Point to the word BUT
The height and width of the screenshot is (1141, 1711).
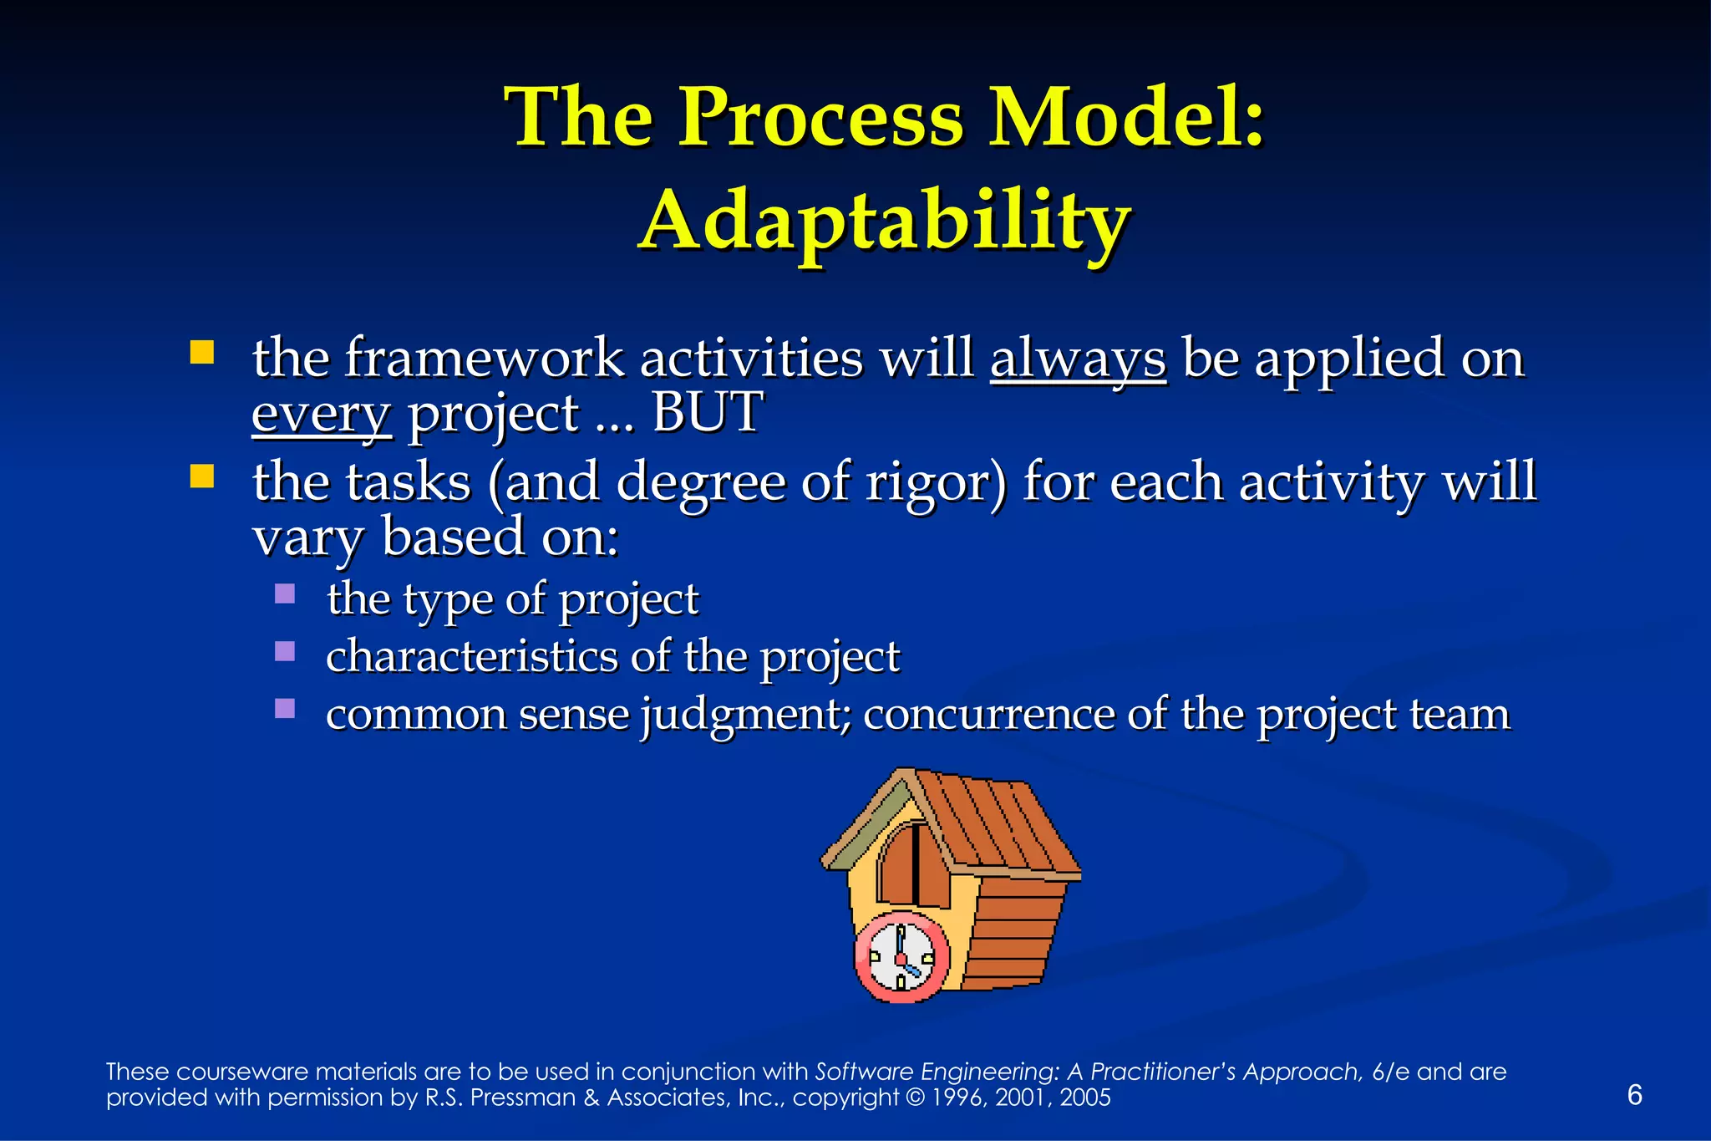pyautogui.click(x=706, y=413)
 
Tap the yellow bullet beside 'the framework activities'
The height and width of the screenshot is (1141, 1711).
pyautogui.click(x=201, y=352)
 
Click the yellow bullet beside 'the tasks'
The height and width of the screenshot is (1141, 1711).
pyautogui.click(x=201, y=476)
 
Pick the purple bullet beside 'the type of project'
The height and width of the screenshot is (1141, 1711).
pyautogui.click(x=285, y=593)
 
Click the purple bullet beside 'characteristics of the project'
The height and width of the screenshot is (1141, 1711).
pyautogui.click(x=285, y=651)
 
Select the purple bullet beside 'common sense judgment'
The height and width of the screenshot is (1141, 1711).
pyautogui.click(x=285, y=709)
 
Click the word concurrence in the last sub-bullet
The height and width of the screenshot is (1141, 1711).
pyautogui.click(x=988, y=715)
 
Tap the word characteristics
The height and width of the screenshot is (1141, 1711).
pyautogui.click(x=470, y=657)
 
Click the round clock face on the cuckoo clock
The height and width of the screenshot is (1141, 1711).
pyautogui.click(x=901, y=958)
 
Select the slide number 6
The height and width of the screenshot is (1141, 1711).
pyautogui.click(x=1635, y=1094)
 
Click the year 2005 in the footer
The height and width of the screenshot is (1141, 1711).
pyautogui.click(x=1085, y=1098)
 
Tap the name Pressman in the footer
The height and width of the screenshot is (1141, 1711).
pyautogui.click(x=523, y=1098)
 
